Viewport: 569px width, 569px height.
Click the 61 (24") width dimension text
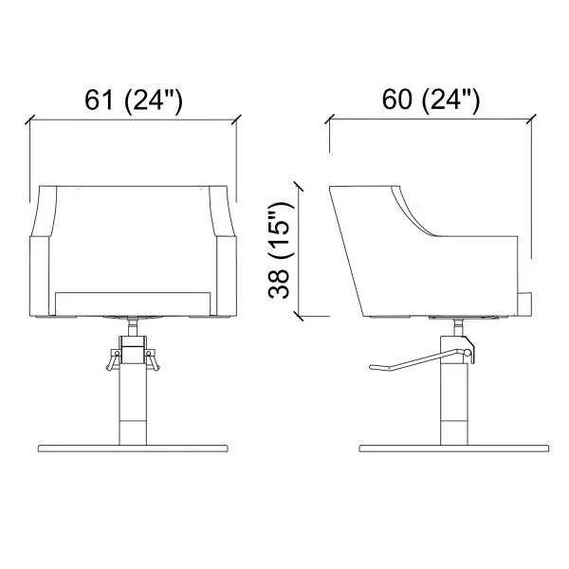[x=134, y=101]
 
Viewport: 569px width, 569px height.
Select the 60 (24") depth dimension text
[x=431, y=101]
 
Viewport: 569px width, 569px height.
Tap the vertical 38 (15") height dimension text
[x=280, y=250]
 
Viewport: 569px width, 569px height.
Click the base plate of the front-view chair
[x=133, y=449]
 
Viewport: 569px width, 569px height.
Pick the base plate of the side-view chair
[x=454, y=449]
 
